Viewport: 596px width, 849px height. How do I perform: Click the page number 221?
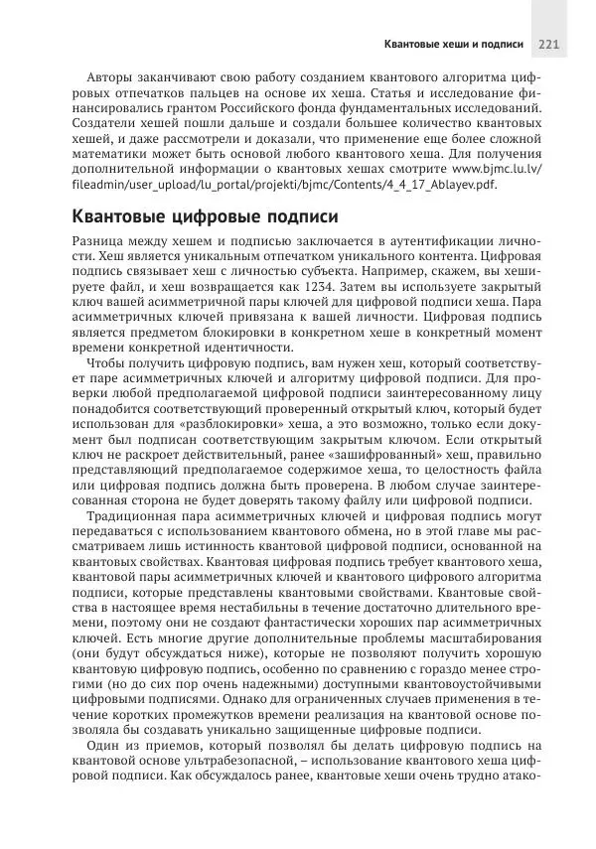click(x=549, y=44)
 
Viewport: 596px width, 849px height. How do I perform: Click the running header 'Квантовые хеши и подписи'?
click(x=453, y=44)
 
